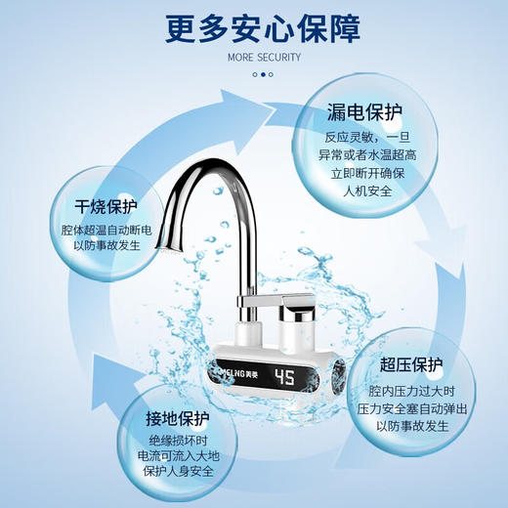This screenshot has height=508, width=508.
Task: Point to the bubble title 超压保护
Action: (x=411, y=365)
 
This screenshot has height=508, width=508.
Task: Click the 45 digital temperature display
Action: (x=285, y=377)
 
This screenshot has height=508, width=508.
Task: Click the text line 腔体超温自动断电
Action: (x=106, y=231)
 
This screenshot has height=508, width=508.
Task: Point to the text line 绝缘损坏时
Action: (x=177, y=442)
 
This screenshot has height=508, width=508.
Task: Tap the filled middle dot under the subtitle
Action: (x=262, y=73)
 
